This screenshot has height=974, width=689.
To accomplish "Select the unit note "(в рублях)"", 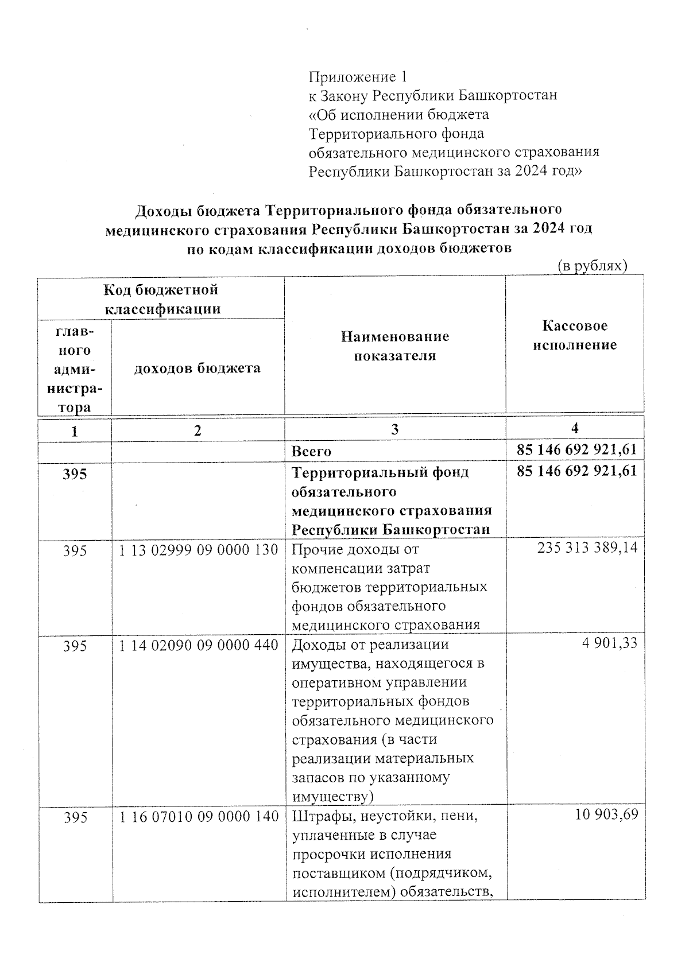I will pos(592,266).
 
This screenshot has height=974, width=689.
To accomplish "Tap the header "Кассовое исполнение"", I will pos(575,335).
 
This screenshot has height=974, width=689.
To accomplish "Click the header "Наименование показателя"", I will pos(395,346).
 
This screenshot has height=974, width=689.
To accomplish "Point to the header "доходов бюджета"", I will pos(198,368).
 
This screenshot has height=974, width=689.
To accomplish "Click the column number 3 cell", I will pos(395,429).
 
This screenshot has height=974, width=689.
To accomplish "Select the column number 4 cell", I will pos(575,428).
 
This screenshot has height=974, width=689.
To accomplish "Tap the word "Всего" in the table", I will pos(311,451).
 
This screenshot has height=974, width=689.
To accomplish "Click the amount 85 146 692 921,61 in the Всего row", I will pos(576,449).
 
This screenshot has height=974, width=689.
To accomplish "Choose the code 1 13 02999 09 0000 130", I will pos(199,550).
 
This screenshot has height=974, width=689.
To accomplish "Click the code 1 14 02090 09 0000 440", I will pos(199,646).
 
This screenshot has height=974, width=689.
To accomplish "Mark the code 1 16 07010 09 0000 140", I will pos(199,816).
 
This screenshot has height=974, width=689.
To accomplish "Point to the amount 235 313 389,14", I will pos(587,548).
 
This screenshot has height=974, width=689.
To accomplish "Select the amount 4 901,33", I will pos(609,643).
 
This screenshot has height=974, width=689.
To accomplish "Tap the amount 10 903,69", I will pos(606,814).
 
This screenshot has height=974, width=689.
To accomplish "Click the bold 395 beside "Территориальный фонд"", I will pos(75,474).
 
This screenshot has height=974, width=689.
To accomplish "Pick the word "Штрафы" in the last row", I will pos(316,816).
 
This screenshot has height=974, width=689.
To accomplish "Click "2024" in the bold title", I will pos(548,229).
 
